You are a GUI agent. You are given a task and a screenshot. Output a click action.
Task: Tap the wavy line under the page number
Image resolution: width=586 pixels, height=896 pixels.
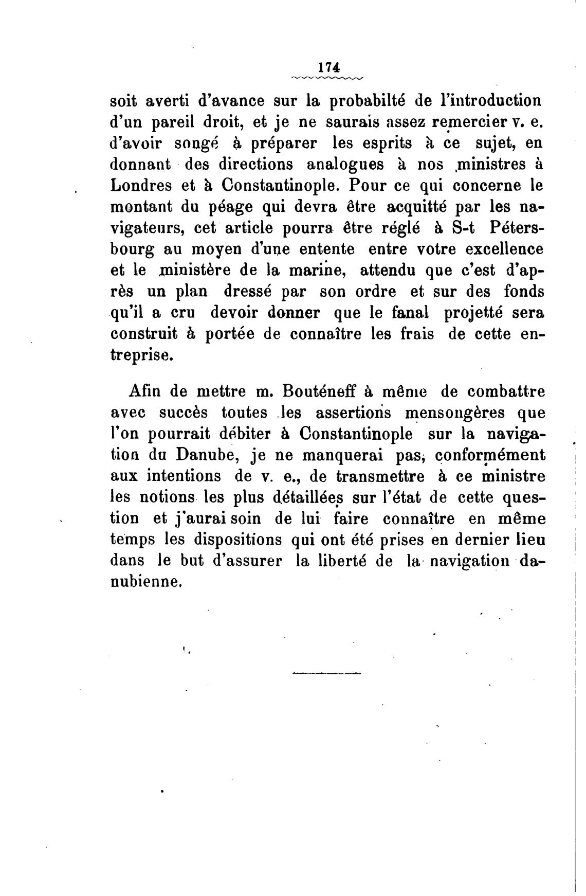tap(327, 78)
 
